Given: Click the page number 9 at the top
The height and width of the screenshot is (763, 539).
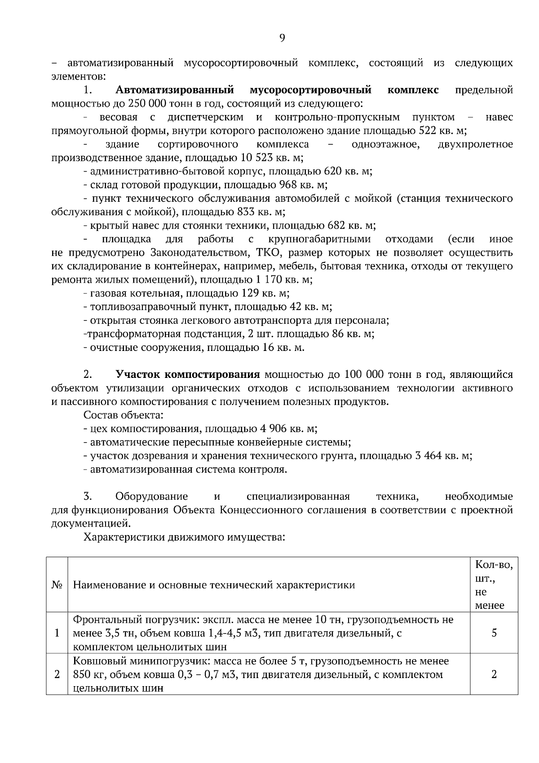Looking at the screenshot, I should [x=282, y=38].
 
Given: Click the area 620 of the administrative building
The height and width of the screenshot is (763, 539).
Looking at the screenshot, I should [x=331, y=171].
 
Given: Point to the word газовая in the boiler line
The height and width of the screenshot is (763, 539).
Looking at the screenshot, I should [x=107, y=293].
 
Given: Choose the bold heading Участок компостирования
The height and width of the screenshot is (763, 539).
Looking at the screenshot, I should [x=188, y=375].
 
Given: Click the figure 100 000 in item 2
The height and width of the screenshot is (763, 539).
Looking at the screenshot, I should [x=366, y=375].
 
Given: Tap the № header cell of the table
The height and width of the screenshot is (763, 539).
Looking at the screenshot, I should [x=57, y=585].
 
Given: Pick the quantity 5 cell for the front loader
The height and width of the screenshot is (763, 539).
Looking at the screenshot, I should [x=494, y=633].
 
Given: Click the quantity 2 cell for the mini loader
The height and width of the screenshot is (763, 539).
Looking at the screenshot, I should [x=494, y=674].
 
